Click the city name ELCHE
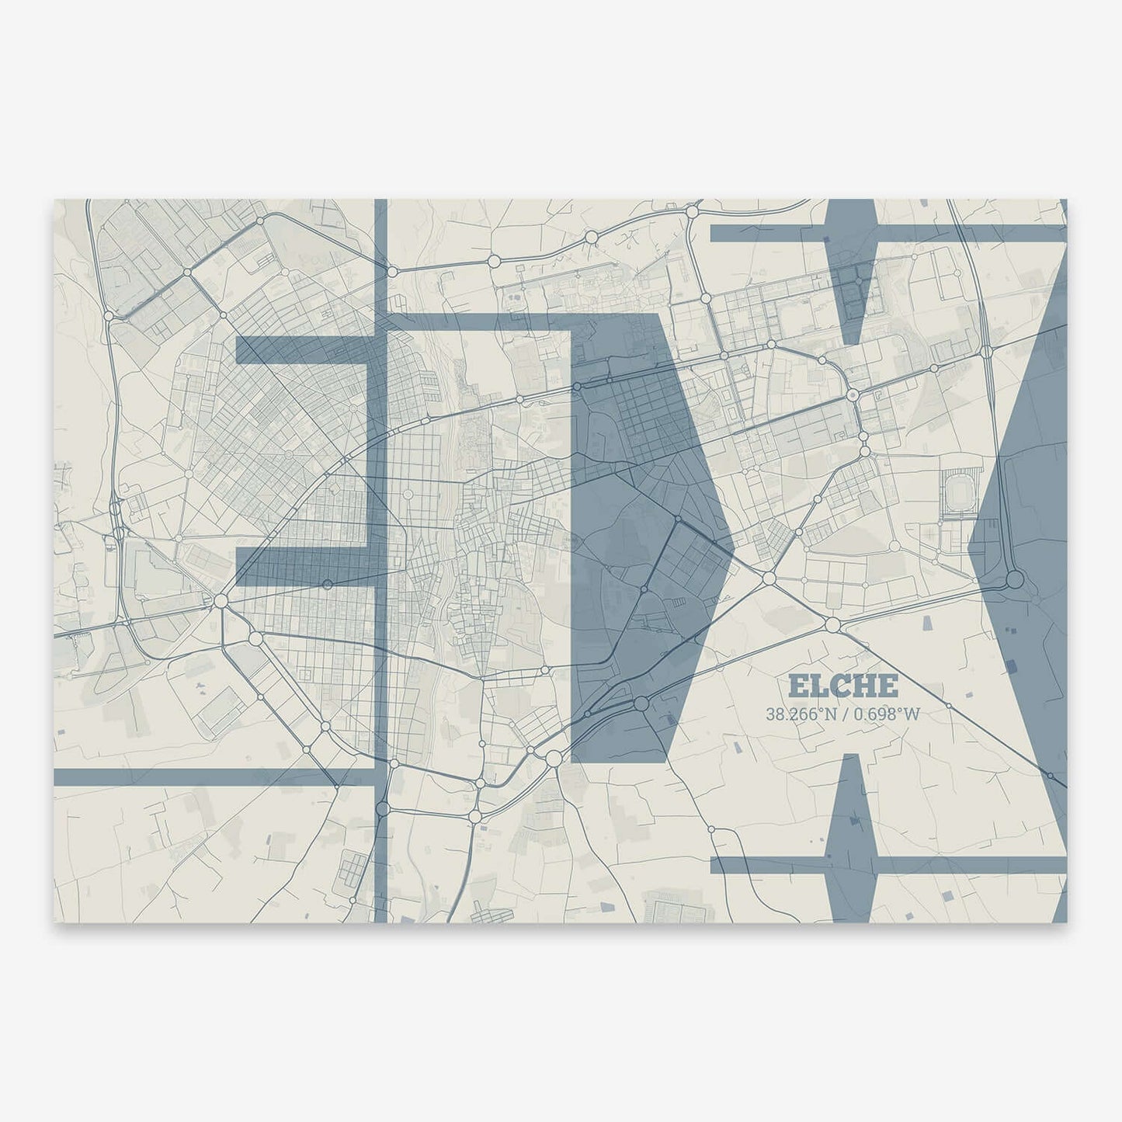(843, 686)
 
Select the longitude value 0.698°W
(886, 714)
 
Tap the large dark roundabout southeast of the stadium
(1014, 581)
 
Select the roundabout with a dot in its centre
(853, 395)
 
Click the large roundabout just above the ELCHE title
(833, 624)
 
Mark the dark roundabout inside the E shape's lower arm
(328, 584)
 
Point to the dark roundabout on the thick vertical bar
(381, 809)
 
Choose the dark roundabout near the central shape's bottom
(641, 703)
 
